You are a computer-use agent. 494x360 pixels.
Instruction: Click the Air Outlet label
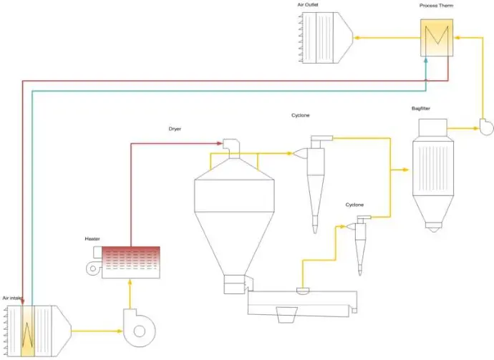coord(308,5)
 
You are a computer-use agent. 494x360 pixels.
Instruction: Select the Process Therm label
coord(436,6)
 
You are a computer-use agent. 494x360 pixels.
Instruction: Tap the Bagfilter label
coord(420,109)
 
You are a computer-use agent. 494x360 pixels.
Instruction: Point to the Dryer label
coord(175,129)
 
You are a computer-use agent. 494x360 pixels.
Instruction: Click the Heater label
coord(92,238)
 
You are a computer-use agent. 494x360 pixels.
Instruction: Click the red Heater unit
coord(131,261)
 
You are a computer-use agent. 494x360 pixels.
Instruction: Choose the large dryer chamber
coord(234,208)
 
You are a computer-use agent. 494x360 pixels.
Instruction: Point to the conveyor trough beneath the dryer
coord(301,303)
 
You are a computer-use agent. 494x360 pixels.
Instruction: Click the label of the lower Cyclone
coord(354,205)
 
